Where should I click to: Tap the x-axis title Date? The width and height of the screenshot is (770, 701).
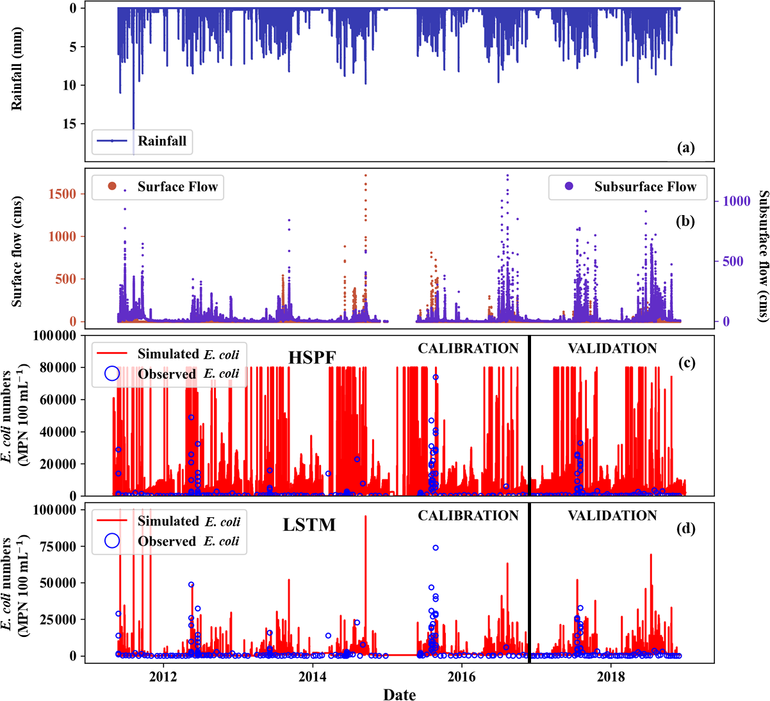point(400,694)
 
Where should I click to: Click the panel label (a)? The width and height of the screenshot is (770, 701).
point(685,148)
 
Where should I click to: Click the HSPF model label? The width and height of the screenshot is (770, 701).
point(312,357)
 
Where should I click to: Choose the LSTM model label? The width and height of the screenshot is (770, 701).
point(309,525)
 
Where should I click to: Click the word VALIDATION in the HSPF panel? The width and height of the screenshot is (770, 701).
point(612,348)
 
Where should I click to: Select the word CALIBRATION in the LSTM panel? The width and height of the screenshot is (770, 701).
point(468,515)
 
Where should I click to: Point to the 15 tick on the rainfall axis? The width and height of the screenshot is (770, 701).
point(69,124)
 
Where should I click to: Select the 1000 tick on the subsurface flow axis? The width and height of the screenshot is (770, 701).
point(737,201)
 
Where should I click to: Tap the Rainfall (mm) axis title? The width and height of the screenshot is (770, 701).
point(17,68)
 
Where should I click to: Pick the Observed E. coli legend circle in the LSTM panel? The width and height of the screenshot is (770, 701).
point(112,540)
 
